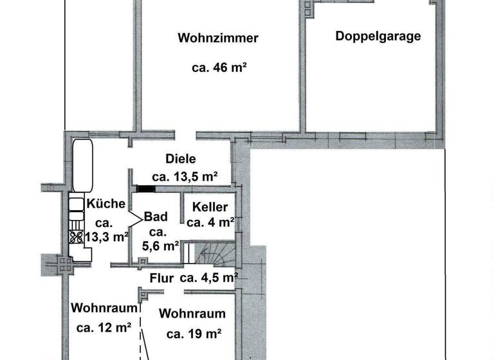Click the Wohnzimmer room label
click(x=218, y=39)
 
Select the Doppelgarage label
click(x=378, y=36)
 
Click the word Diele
click(x=180, y=159)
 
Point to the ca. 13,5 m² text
click(x=185, y=177)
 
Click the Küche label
click(x=106, y=204)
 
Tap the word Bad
click(x=156, y=217)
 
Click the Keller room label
click(x=210, y=208)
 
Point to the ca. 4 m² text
click(x=210, y=223)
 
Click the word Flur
click(x=162, y=278)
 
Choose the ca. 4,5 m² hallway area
click(x=209, y=278)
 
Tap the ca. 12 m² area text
click(x=104, y=327)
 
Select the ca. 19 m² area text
click(x=194, y=334)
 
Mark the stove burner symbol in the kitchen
click(x=76, y=236)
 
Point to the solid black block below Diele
click(x=147, y=189)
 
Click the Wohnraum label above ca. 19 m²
click(x=192, y=314)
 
